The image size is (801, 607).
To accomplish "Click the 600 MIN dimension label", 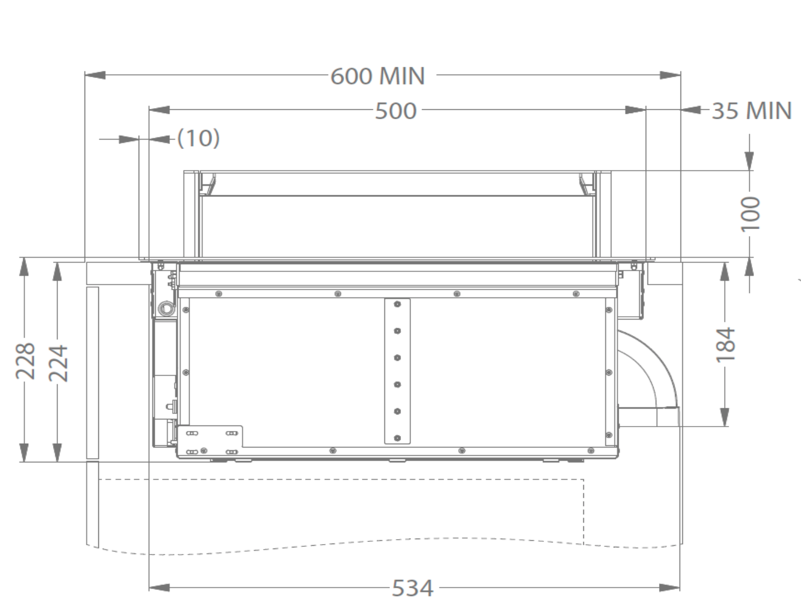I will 378,76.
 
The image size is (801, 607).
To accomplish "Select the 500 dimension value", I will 396,111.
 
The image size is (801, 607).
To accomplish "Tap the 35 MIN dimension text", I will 751,111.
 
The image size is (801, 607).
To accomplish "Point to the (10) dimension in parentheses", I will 198,138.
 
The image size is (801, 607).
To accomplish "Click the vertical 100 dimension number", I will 750,215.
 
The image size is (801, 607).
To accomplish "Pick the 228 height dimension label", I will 25,361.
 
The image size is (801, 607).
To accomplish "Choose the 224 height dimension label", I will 58,363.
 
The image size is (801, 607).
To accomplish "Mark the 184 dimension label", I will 726,345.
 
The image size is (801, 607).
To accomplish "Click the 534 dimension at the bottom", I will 412,588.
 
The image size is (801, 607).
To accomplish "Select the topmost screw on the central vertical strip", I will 397,304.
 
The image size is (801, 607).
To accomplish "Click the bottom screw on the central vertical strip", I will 397,438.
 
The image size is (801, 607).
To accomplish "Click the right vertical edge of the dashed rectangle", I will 584,510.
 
